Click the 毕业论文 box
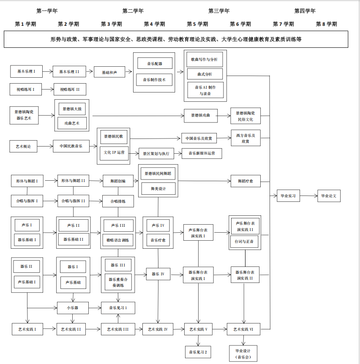(329, 196)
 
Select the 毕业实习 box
(288, 196)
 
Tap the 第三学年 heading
(219, 11)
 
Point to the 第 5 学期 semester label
(197, 24)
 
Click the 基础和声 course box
(109, 72)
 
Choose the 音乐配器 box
(155, 63)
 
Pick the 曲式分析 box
(205, 74)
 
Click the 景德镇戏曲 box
(201, 116)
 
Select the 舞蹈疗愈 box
(245, 181)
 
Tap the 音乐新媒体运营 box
(202, 153)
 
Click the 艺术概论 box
(23, 146)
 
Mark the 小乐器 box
(73, 308)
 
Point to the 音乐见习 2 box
(198, 352)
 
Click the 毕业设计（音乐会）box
(243, 354)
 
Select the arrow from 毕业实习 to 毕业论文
(309, 196)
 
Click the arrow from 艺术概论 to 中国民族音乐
(45, 146)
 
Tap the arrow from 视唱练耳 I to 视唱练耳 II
(48, 90)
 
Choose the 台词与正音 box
(244, 242)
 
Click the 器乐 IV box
(158, 274)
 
